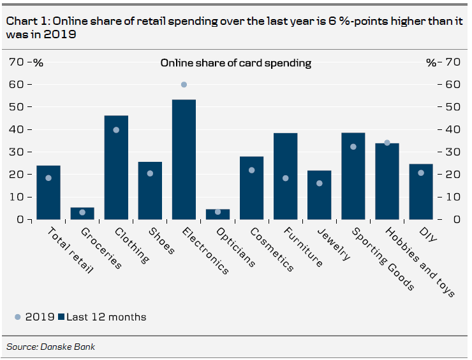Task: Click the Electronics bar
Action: tap(184, 159)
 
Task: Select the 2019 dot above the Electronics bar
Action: tap(184, 85)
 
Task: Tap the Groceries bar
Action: tap(82, 213)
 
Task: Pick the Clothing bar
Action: tap(116, 167)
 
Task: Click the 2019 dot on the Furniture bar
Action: tap(285, 178)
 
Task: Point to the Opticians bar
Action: tap(218, 214)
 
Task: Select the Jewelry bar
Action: tap(319, 195)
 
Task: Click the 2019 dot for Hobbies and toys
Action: tap(387, 143)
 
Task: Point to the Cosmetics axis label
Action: tap(272, 250)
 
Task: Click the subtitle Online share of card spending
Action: tap(235, 63)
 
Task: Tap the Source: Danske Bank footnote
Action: tap(50, 347)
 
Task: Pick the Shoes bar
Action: tap(150, 191)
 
